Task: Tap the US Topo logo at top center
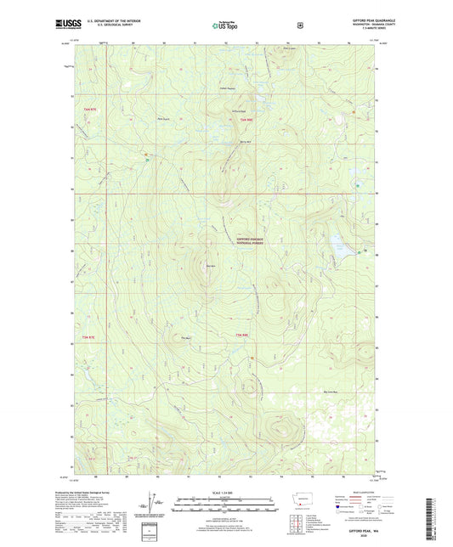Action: [x=224, y=25]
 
